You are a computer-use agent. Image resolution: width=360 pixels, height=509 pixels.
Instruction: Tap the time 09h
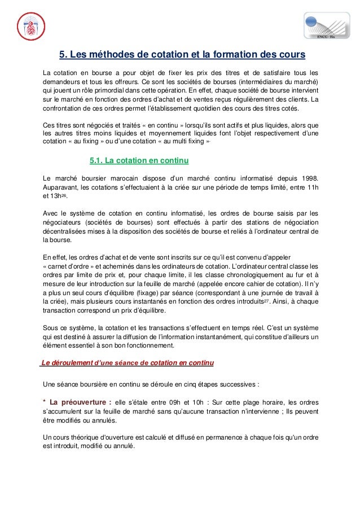click(180, 403)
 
